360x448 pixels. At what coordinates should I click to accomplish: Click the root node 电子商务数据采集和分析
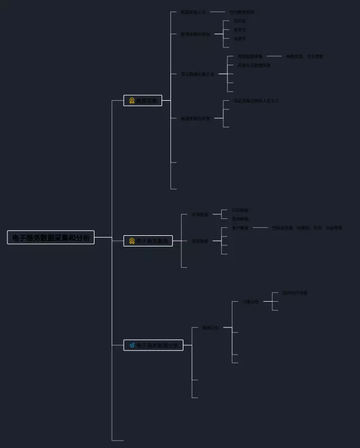51,238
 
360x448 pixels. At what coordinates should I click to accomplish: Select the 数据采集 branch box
143,101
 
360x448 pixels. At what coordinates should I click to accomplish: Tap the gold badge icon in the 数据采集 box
132,101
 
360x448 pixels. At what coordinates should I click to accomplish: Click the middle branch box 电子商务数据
148,241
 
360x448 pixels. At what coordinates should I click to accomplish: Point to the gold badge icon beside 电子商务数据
132,241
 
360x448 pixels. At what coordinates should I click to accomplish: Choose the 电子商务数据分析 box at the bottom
153,345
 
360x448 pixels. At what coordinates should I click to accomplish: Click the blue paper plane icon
132,345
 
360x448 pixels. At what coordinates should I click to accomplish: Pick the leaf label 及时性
240,21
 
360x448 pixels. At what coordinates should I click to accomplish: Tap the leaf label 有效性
240,30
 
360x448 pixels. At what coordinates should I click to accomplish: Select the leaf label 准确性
240,39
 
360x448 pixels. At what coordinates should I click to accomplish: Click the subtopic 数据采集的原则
195,34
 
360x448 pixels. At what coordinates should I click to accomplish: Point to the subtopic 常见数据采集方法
197,74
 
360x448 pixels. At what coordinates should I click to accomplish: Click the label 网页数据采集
250,56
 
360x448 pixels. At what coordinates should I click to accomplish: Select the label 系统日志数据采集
254,65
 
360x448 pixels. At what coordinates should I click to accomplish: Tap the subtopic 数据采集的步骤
195,119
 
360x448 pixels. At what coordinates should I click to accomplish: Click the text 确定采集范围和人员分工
256,101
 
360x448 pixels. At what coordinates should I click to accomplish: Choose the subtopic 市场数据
200,214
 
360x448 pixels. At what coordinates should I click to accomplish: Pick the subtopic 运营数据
200,241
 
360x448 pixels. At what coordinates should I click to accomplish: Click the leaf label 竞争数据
240,219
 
